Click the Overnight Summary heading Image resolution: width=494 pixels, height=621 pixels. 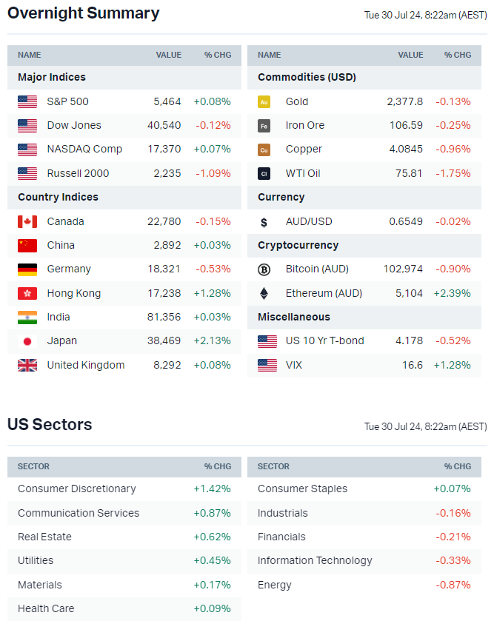(x=83, y=13)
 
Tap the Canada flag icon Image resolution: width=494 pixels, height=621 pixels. (x=27, y=221)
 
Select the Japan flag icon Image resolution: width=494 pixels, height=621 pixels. (x=27, y=341)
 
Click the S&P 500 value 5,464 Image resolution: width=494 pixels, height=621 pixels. (x=167, y=101)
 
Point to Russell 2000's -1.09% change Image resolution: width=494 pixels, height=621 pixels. (x=213, y=173)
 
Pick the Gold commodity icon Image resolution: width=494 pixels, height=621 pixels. (x=264, y=101)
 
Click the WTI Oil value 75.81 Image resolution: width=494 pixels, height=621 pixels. (x=409, y=173)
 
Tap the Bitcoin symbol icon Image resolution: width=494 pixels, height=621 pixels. (x=264, y=269)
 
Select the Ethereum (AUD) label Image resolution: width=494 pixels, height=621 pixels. (x=324, y=293)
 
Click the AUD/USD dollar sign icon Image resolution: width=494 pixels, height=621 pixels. (x=264, y=221)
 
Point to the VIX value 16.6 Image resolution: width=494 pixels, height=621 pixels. (x=413, y=365)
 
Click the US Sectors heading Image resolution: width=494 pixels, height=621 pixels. (x=50, y=425)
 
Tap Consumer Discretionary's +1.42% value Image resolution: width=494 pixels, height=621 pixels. (x=212, y=489)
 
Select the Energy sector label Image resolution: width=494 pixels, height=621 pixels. (x=275, y=585)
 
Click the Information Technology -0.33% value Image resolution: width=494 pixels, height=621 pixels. (x=453, y=560)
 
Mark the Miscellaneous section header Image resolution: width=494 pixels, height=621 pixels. (x=294, y=317)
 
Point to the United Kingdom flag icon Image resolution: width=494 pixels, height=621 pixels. (x=27, y=365)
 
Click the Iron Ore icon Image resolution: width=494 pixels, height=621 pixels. (x=264, y=126)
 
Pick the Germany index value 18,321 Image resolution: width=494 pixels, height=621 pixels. (x=164, y=269)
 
